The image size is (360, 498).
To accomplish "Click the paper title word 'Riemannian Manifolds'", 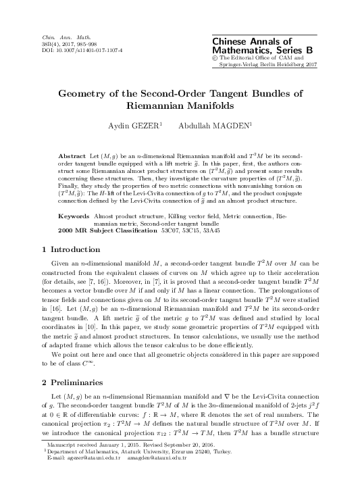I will tap(180, 106).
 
